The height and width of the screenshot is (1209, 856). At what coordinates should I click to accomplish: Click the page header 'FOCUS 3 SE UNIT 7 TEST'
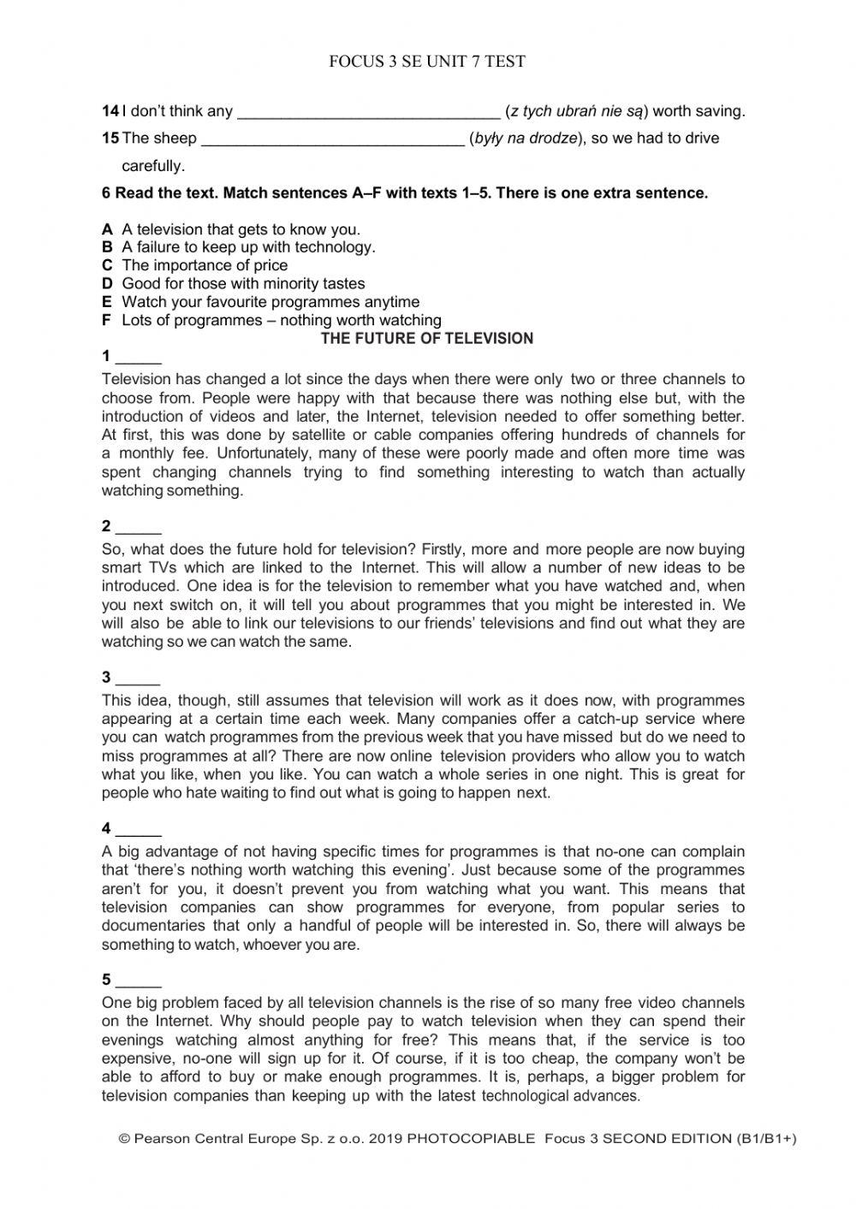coord(427,62)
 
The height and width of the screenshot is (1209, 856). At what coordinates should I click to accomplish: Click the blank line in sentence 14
coord(367,112)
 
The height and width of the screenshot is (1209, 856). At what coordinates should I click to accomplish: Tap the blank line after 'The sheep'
coord(332,139)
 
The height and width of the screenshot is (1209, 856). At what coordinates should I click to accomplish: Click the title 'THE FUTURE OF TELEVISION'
coord(426,339)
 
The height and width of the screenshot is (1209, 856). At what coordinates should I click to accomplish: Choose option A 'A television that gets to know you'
coord(241,229)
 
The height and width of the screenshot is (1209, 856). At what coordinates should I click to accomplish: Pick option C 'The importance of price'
coord(205,265)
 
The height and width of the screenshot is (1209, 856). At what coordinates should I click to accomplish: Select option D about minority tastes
coord(243,283)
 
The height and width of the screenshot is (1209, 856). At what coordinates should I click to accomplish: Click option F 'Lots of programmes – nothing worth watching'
coord(281,320)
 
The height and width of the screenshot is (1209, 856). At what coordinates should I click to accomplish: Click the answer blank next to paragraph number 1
coord(138,358)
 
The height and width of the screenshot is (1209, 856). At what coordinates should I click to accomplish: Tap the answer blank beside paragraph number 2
coord(138,528)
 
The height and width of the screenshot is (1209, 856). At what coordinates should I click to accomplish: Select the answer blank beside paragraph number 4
coord(138,830)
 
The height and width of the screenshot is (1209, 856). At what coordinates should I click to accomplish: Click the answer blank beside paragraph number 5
coord(138,981)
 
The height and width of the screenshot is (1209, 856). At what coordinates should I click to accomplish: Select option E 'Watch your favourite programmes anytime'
coord(270,302)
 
